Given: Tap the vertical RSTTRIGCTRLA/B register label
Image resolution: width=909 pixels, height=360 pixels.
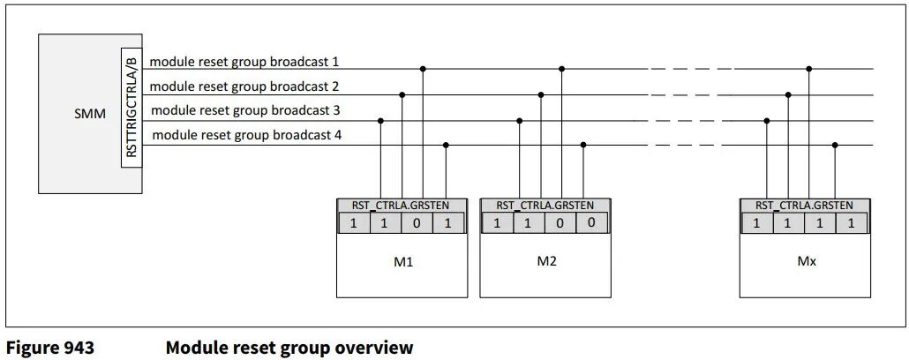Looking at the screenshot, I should [x=131, y=107].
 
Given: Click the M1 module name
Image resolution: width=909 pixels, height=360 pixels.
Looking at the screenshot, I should [x=402, y=262].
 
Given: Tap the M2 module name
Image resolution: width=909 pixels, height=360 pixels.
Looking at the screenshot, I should [x=545, y=262].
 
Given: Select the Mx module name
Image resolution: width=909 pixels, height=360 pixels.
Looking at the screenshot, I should [x=805, y=262].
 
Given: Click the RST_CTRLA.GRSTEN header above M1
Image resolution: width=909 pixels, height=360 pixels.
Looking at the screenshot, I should [x=402, y=205].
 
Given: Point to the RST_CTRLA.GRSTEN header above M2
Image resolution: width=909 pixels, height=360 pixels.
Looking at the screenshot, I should [x=545, y=205].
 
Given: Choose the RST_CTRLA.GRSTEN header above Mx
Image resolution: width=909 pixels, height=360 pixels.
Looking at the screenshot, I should [x=805, y=205].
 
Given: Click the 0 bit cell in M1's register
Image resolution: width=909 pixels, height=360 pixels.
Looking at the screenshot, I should [x=417, y=223].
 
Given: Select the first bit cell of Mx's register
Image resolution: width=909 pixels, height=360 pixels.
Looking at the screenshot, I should [x=756, y=223].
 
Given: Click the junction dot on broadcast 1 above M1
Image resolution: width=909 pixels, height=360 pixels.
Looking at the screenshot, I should [x=424, y=68].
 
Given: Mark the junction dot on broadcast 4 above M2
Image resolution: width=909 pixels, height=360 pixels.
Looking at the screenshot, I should [x=582, y=145].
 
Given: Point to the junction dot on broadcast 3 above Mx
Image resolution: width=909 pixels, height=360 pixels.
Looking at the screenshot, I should [x=767, y=121].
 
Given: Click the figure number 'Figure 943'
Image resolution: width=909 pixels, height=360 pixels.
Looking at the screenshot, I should [x=50, y=348].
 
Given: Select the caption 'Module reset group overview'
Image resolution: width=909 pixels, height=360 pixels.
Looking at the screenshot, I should [x=289, y=348].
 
